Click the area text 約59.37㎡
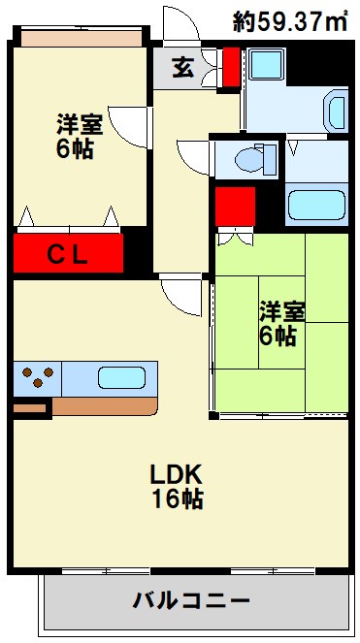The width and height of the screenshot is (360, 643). coord(290,21)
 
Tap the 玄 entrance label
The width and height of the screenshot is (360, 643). coord(182,68)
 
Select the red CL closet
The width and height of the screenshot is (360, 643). coord(68,253)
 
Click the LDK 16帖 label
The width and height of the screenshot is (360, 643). coord(177,487)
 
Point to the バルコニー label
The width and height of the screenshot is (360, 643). coord(191,601)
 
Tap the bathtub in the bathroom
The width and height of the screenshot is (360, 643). coord(316,205)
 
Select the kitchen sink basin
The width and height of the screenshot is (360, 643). coord(122,377)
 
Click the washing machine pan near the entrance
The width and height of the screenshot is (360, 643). coord(267,64)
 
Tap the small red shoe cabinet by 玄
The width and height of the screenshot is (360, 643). coord(231,67)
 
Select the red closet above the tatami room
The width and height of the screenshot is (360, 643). coord(235,207)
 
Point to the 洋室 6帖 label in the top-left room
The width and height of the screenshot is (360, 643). coord(80,136)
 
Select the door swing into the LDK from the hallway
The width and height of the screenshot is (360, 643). coord(180,297)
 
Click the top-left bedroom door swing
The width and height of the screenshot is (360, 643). coord(127,127)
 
